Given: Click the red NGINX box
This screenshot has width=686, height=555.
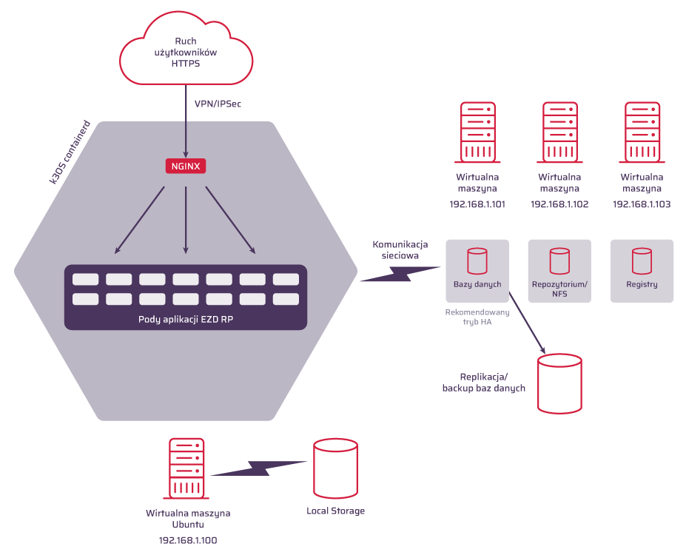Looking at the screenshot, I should point(185,166).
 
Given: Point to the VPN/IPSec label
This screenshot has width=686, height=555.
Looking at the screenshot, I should point(218,104).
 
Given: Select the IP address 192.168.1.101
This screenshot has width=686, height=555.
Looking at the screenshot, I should point(477,204).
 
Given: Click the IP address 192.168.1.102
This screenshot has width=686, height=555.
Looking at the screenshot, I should point(559,204).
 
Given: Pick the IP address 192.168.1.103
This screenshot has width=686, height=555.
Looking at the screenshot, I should point(642,204).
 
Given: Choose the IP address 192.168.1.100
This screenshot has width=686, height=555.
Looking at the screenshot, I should point(188,540).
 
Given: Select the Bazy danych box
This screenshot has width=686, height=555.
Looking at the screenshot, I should point(477,271).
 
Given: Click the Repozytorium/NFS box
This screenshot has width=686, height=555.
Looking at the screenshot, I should point(559,271).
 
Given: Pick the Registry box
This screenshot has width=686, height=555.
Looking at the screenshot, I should point(642,271).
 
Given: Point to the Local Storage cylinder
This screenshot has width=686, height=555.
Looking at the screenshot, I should point(335,468).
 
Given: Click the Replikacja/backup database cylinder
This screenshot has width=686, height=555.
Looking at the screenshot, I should point(559,383).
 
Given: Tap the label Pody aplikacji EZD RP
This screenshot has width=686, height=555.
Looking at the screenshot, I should point(185,319).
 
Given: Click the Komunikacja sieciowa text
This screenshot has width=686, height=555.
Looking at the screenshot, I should point(400,249).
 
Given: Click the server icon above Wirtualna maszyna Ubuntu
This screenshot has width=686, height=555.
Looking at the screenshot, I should point(187,468).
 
